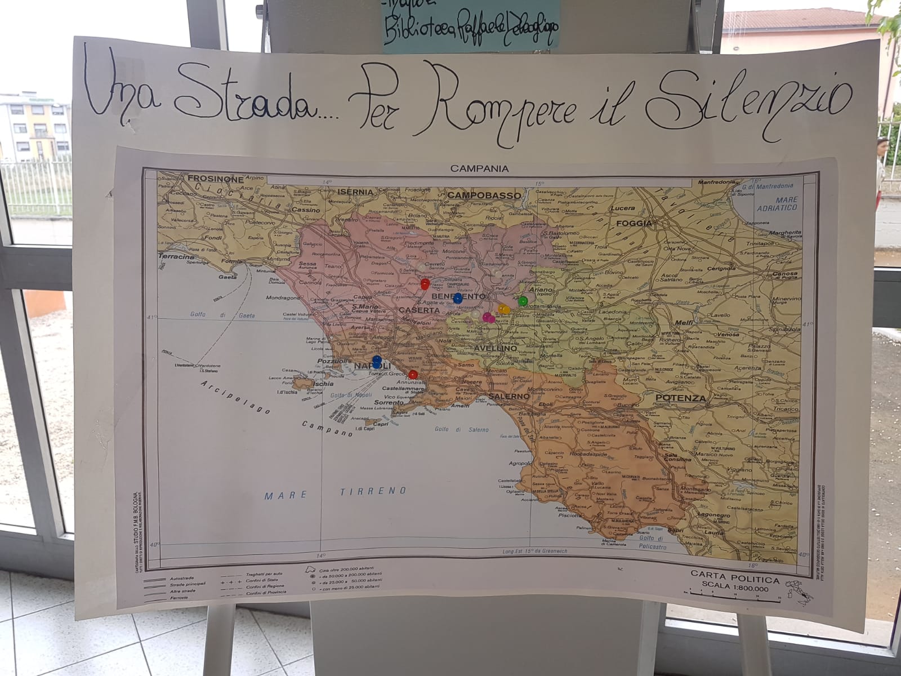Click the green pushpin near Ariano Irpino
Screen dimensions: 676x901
523,300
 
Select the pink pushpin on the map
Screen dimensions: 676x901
488,317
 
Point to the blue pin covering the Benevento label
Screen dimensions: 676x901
458,297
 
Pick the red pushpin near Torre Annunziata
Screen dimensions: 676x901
413,375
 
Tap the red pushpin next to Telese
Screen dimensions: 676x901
425,283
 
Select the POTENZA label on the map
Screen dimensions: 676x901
680,398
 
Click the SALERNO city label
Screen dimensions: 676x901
510,396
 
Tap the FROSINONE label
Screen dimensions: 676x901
216,179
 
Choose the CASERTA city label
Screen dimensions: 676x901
419,310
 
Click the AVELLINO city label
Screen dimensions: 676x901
495,348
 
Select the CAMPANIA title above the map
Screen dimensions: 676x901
479,168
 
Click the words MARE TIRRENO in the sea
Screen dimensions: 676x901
336,492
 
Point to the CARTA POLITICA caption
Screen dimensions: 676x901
735,580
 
